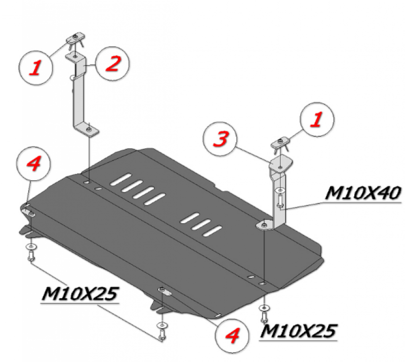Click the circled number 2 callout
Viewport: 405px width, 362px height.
[112, 64]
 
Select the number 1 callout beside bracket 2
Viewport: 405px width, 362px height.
[36, 67]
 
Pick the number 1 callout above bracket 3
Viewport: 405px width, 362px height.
[317, 119]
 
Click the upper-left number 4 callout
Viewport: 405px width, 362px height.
[33, 164]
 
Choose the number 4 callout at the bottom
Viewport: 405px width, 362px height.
[232, 335]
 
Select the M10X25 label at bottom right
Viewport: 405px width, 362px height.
[298, 331]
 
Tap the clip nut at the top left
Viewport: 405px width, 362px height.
[75, 39]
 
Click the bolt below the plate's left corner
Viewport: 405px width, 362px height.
[31, 255]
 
